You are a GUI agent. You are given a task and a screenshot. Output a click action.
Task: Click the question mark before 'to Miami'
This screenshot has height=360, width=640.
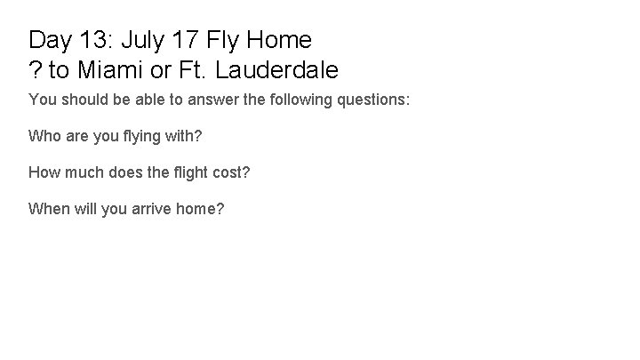pyautogui.click(x=36, y=68)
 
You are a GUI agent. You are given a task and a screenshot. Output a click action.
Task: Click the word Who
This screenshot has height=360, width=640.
pyautogui.click(x=44, y=137)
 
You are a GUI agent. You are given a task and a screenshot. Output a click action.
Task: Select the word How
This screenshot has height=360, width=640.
pyautogui.click(x=44, y=172)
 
